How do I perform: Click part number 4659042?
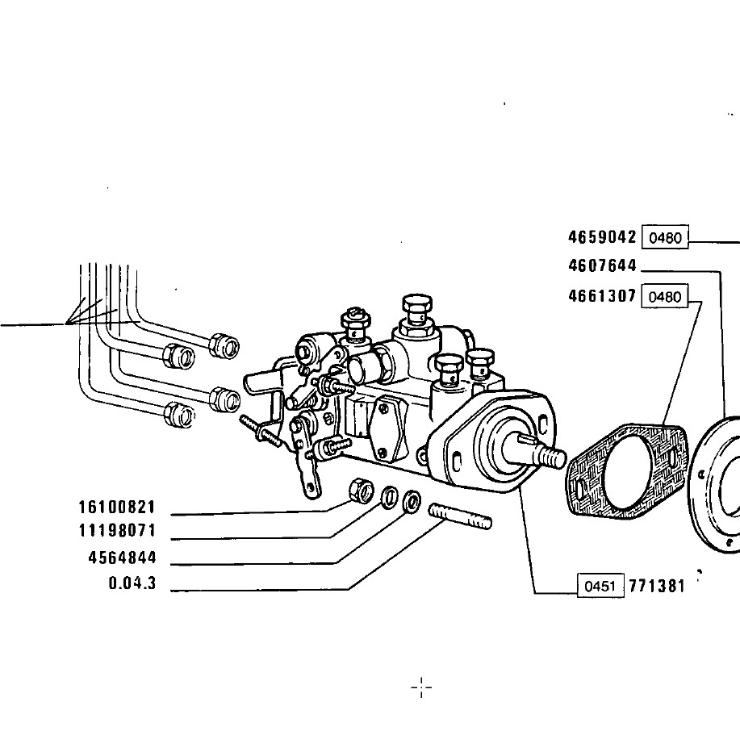point(602,237)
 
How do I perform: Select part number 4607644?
point(602,266)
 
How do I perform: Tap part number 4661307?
point(602,296)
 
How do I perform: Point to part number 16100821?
point(117,508)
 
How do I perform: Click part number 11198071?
point(117,531)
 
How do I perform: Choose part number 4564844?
point(122,558)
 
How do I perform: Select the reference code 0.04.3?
point(132,583)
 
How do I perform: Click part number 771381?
point(656,586)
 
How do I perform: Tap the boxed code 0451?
point(600,586)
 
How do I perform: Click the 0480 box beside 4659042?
point(665,237)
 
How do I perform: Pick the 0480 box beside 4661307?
point(664,297)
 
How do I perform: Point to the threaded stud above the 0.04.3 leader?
point(460,516)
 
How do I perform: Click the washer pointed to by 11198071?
point(390,496)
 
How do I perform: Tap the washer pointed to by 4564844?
point(412,502)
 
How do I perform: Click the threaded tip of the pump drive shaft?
point(553,457)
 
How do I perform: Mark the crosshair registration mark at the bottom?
point(421,687)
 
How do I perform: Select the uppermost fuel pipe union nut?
point(224,346)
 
